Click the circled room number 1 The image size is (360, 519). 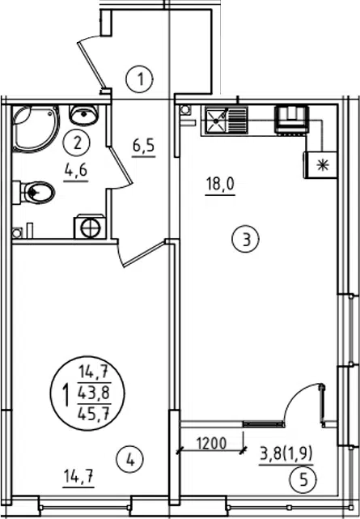pos(139,80)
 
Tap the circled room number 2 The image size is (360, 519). pos(77,143)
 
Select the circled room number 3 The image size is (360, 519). pos(246,239)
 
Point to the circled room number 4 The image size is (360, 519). pos(130,459)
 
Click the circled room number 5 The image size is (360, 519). pos(303,479)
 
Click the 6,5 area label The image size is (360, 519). pos(144,147)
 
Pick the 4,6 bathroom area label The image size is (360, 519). pos(76,171)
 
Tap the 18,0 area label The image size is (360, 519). pos(220,185)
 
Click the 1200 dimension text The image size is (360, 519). pos(212,443)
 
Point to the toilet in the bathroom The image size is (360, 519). pos(34,192)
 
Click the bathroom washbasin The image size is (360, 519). pos(83,114)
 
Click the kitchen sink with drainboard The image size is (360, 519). pos(227,120)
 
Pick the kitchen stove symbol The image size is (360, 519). pos(291,121)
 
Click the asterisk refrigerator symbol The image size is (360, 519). pos(321,165)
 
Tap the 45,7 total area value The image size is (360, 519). pos(94,414)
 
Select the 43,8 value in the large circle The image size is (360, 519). pos(94,394)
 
